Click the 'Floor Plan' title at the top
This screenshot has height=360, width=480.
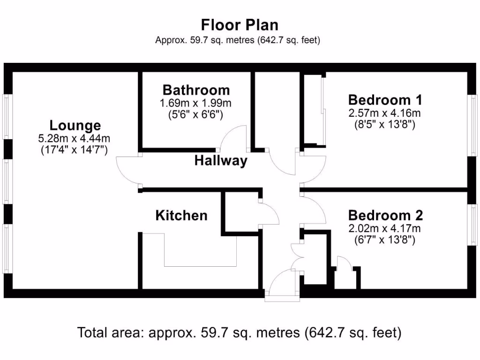(x=240, y=24)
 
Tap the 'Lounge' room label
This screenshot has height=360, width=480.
(x=75, y=126)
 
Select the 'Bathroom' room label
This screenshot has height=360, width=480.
(x=196, y=90)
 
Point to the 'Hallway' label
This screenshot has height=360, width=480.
(x=221, y=161)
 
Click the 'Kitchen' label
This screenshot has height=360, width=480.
(x=181, y=216)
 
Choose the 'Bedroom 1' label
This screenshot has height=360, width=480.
(x=385, y=100)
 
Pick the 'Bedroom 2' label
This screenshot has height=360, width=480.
(x=385, y=216)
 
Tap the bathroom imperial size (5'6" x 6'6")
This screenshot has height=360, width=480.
(x=196, y=113)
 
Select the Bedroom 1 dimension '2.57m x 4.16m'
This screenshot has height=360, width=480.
(x=385, y=113)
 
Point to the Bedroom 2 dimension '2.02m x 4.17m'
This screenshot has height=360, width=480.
(x=385, y=229)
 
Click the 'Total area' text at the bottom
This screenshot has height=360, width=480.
(x=240, y=333)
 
